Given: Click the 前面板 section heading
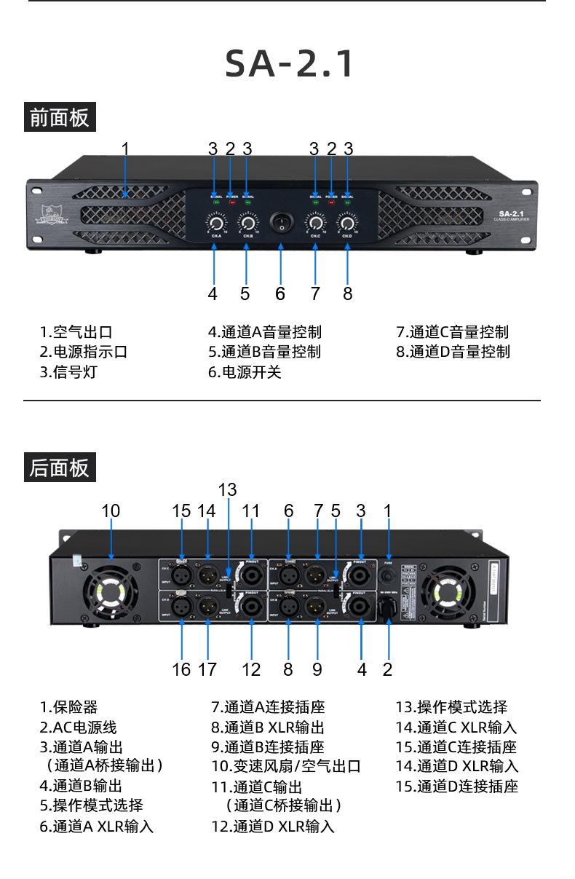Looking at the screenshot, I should click(x=60, y=117).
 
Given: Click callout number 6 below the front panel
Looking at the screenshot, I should click(x=280, y=293).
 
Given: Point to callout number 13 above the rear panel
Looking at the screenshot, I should click(x=227, y=489).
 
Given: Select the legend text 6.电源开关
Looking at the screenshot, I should click(x=245, y=372).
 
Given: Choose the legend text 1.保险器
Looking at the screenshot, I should click(x=68, y=706).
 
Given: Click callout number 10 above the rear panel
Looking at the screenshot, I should click(x=111, y=511).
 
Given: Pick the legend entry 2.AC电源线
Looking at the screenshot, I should click(x=78, y=727).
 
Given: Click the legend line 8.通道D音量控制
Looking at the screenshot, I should click(x=453, y=352).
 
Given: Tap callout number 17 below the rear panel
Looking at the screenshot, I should click(x=207, y=669).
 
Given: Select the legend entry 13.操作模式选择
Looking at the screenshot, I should click(x=451, y=706).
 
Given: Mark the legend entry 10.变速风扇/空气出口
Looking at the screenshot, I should click(x=286, y=766).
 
